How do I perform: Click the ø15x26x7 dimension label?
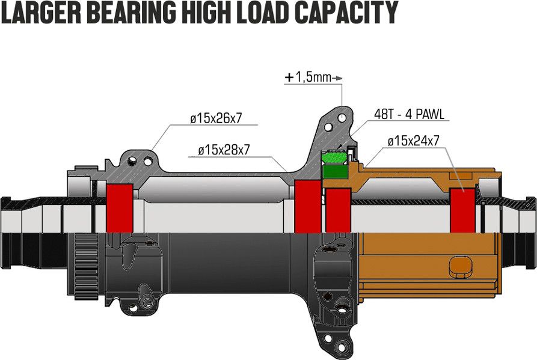click(216, 118)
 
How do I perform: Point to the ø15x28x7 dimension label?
click(224, 150)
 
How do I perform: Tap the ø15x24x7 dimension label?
click(413, 141)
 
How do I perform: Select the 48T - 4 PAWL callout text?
click(409, 114)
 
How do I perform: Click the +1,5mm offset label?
click(308, 78)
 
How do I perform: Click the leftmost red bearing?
click(120, 208)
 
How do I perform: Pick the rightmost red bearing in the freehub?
click(462, 210)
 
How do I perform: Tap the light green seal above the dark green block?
click(334, 157)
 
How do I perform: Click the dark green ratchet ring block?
click(336, 171)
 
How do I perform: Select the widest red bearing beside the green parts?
click(308, 206)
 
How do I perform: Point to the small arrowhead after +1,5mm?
click(338, 78)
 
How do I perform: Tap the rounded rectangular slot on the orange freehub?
click(460, 266)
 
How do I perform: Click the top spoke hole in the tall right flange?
click(342, 118)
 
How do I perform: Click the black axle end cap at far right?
click(529, 233)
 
